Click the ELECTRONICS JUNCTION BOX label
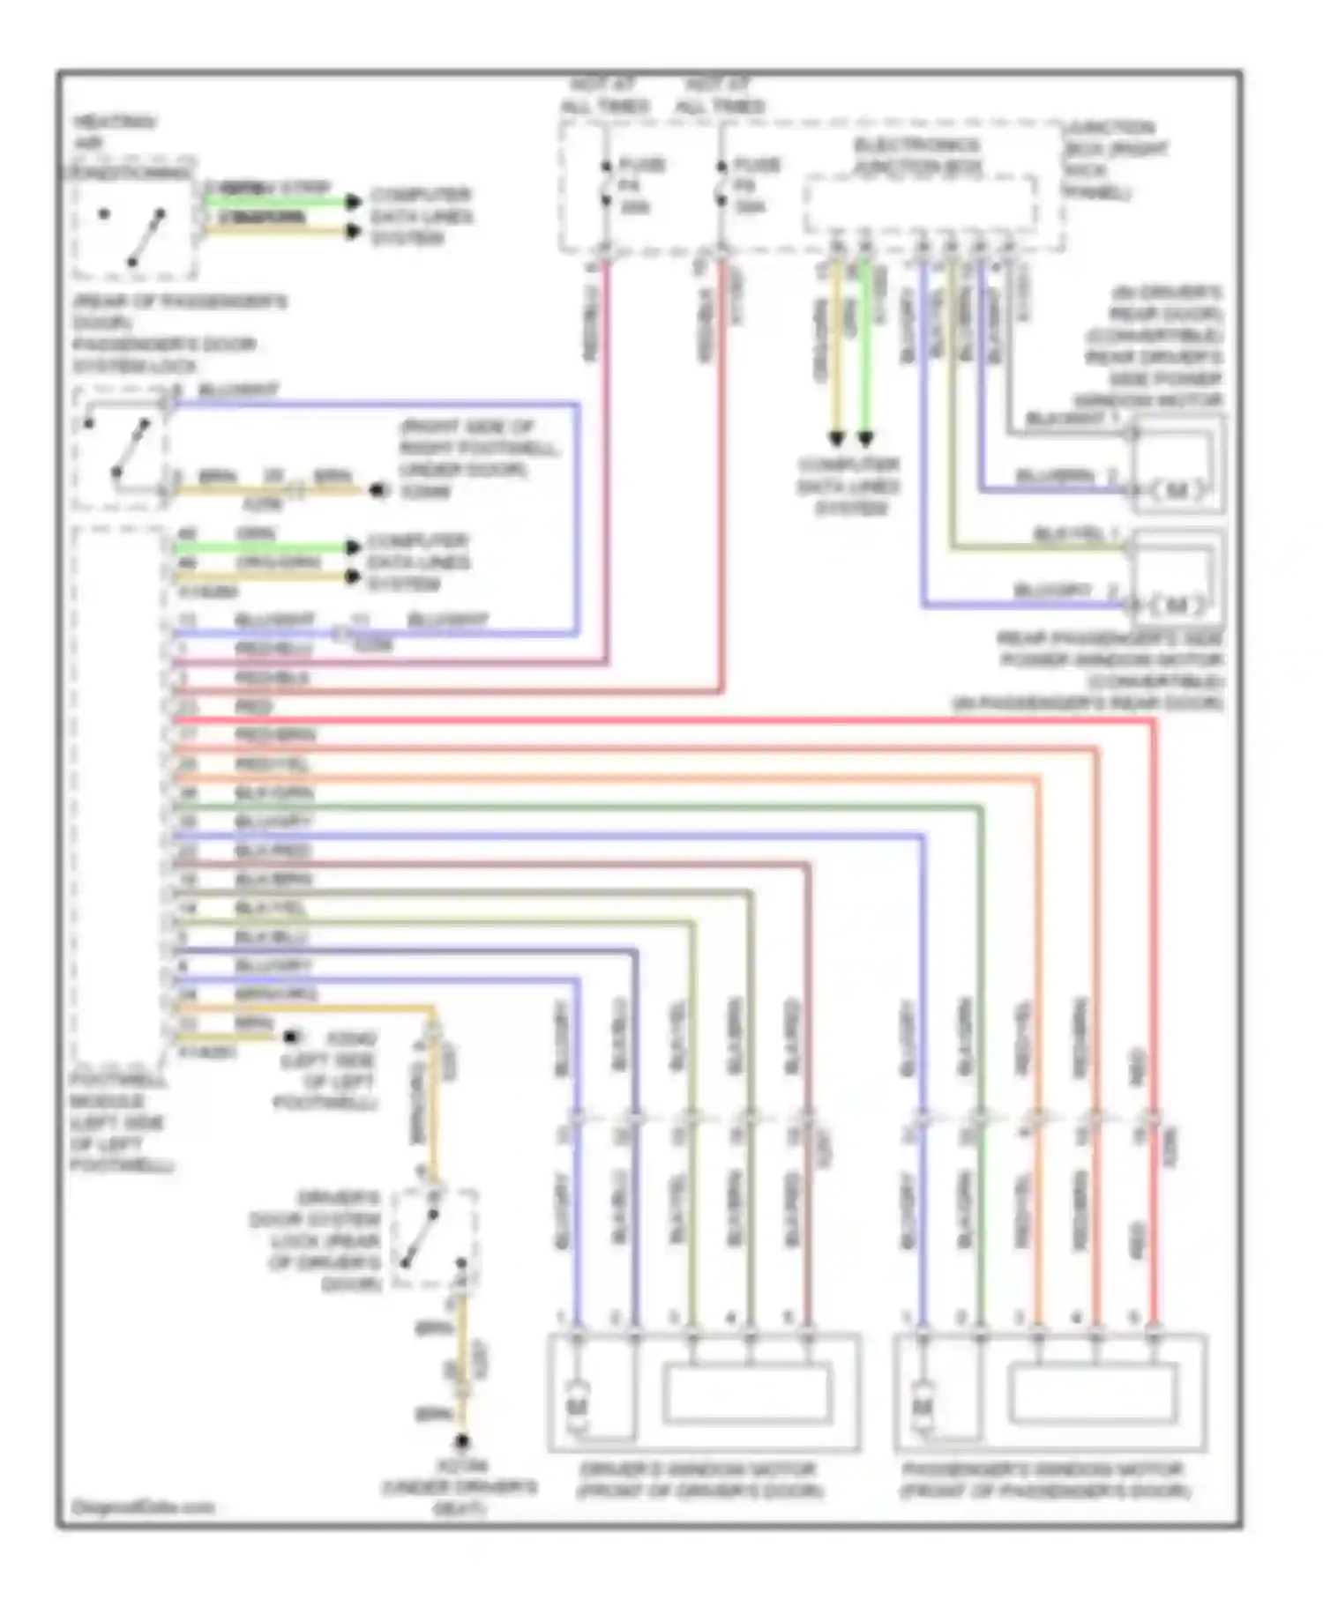point(917,156)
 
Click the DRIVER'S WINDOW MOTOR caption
point(699,1480)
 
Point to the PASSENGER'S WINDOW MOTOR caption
point(1044,1480)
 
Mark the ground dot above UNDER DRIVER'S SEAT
point(461,1442)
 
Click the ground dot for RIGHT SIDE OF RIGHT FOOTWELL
point(377,490)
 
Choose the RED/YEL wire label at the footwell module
point(272,763)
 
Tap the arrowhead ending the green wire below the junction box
point(866,438)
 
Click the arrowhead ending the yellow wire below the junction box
point(837,438)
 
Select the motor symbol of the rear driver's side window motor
point(1178,490)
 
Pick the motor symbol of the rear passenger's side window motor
point(1178,606)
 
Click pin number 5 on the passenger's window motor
point(1135,1319)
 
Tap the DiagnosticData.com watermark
point(143,1506)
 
